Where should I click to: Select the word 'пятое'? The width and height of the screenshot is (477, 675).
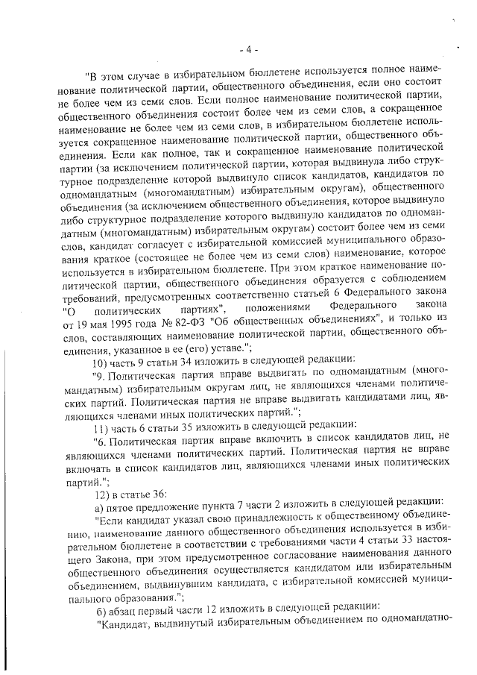(127, 509)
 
